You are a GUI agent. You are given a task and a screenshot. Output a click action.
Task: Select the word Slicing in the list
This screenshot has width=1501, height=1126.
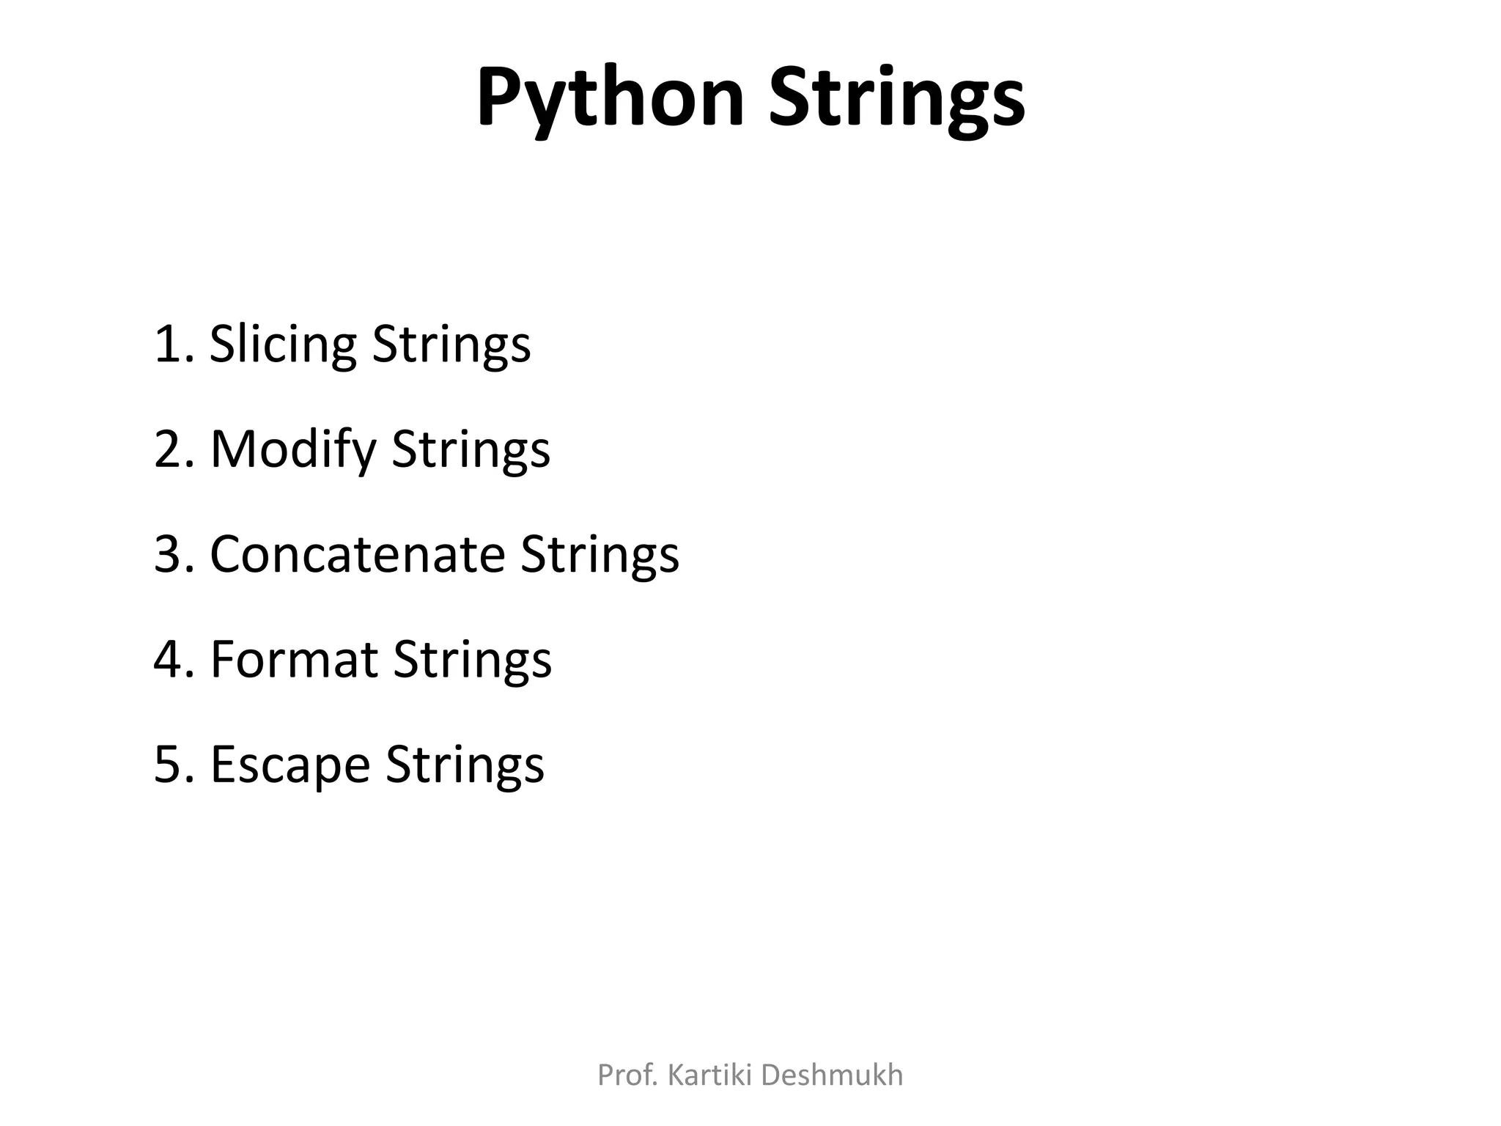coord(283,344)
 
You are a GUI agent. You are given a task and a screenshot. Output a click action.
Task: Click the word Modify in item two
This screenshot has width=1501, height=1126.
coord(292,449)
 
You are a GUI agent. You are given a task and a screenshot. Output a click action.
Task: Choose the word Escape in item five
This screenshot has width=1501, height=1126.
coord(289,764)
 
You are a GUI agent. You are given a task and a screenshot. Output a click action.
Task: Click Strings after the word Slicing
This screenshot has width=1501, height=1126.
coord(451,344)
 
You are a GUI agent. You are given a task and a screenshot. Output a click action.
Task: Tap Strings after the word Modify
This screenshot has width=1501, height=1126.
coord(471,449)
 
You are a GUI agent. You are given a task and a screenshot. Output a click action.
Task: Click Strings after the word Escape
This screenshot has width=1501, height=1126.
coord(465,764)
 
